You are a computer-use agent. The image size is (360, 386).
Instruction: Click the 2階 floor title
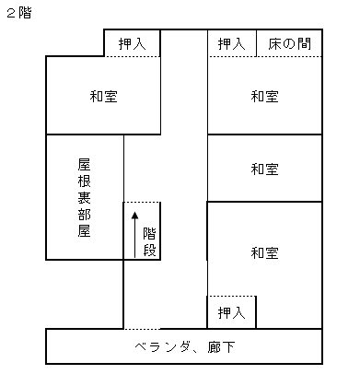(x=19, y=13)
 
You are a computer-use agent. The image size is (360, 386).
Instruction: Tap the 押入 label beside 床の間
(x=232, y=44)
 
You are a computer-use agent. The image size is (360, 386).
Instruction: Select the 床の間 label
(x=289, y=43)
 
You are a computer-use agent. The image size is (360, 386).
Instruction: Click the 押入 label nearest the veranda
(x=232, y=313)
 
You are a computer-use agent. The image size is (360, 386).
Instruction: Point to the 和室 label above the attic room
(x=103, y=96)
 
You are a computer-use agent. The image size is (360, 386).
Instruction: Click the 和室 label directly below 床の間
(x=264, y=96)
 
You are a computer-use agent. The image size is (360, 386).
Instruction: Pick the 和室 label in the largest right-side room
(x=264, y=253)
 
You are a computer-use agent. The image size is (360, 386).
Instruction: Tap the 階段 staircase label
(x=149, y=242)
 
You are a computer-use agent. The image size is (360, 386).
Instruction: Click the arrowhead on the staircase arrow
(x=134, y=216)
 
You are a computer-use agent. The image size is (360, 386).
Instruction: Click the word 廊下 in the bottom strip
(x=221, y=347)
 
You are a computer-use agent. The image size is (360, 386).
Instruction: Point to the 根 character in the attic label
(x=84, y=181)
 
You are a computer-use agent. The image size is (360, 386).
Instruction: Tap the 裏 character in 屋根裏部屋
(x=84, y=197)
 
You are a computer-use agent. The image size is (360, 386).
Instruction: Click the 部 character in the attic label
(x=84, y=214)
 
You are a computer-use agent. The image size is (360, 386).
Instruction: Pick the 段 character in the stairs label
(x=149, y=250)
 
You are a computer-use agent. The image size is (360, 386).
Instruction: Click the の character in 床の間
(x=289, y=44)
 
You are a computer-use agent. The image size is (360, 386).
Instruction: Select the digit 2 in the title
(x=11, y=14)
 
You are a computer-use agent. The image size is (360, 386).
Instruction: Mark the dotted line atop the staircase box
(x=142, y=202)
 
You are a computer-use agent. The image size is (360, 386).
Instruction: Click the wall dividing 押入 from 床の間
(x=256, y=43)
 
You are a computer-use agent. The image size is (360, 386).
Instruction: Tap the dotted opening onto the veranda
(x=142, y=329)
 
